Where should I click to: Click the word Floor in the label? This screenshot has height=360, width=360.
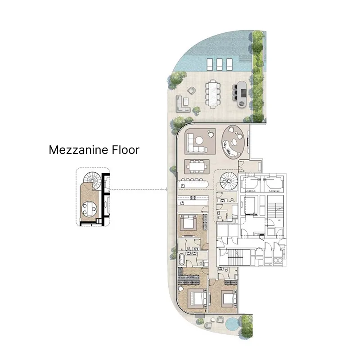click(x=125, y=149)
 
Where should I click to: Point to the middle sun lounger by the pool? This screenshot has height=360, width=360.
click(x=219, y=64)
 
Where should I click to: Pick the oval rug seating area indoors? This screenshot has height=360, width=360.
click(x=234, y=142)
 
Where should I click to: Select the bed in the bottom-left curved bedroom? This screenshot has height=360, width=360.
click(x=197, y=297)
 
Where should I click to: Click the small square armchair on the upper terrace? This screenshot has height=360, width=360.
click(x=191, y=90)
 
